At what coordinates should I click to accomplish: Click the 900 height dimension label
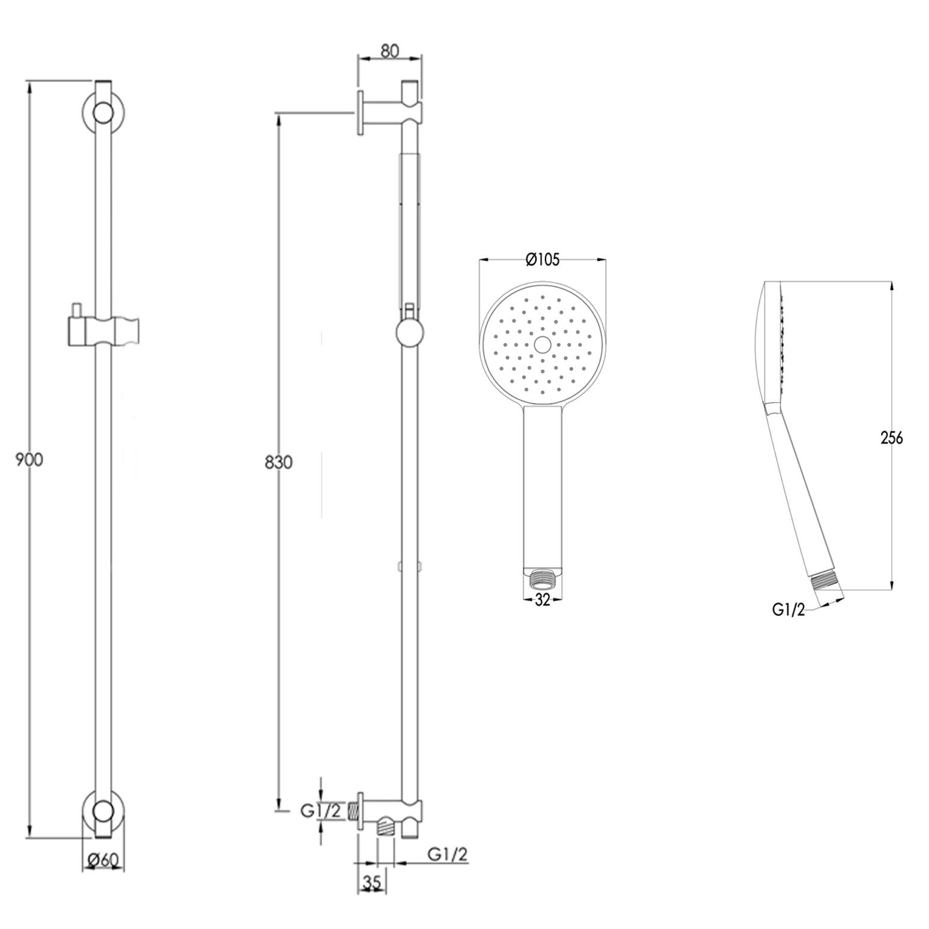29,460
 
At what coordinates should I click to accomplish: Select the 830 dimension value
278,463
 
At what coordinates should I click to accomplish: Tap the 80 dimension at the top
389,51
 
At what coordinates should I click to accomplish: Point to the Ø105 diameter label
542,259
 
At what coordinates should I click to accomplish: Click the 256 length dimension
891,437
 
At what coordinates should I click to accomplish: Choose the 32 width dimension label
542,600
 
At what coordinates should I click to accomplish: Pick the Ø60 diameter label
103,859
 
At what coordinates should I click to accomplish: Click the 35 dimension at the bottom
372,883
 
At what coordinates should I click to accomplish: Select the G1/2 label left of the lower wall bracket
320,811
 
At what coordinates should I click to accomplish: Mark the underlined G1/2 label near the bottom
448,853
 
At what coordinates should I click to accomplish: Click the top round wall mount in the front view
103,113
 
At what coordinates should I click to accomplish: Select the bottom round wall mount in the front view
103,810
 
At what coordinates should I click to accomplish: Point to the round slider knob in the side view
410,332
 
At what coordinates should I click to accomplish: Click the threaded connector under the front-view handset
543,579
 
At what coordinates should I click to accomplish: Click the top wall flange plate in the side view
361,113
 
